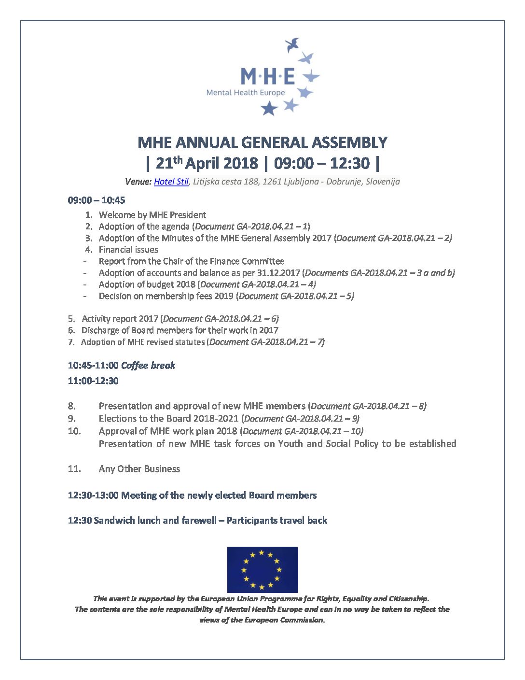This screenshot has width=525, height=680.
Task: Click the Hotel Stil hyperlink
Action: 171,182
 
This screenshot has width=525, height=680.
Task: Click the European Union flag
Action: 262,569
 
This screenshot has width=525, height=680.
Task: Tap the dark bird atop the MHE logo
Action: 292,45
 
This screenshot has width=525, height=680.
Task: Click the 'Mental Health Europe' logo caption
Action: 246,93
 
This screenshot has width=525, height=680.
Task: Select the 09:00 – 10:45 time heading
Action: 97,200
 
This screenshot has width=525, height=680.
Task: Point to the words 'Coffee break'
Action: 148,366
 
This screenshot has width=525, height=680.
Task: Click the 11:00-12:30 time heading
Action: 93,381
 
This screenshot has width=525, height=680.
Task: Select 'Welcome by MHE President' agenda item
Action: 152,215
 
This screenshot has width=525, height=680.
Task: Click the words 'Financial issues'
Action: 128,250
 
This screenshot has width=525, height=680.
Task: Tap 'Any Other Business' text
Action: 139,469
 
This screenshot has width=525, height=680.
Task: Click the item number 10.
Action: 74,431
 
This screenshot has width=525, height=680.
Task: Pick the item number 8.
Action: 72,406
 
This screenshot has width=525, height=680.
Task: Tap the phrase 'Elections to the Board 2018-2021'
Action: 169,419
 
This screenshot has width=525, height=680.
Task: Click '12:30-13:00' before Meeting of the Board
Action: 93,496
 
